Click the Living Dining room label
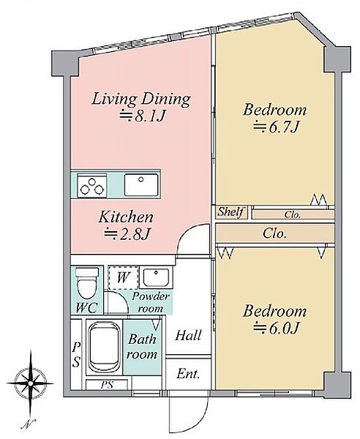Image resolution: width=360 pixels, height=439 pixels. tap(141, 100)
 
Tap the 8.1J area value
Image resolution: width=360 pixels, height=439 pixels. tap(141, 116)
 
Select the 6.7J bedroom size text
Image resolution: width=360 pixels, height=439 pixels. tap(275, 127)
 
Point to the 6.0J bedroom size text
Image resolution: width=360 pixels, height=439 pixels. tap(275, 328)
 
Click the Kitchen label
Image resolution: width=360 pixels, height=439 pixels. tap(126, 217)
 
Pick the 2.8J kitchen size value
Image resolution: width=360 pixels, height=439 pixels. tap(126, 234)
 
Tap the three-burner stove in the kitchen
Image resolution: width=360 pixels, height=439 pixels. tap(91, 185)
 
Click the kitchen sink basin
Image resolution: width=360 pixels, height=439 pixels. tap(141, 184)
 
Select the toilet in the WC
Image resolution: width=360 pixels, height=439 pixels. tap(87, 283)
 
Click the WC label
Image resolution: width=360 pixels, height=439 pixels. tap(87, 308)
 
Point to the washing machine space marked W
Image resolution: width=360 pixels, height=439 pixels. tap(123, 278)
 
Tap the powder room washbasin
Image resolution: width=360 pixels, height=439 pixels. tap(156, 277)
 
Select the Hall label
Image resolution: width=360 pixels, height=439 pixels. tap(188, 335)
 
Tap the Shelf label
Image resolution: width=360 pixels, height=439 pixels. tap(231, 212)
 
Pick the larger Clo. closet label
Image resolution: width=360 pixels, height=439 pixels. tap(274, 233)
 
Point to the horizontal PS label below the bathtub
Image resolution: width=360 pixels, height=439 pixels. tap(107, 385)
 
